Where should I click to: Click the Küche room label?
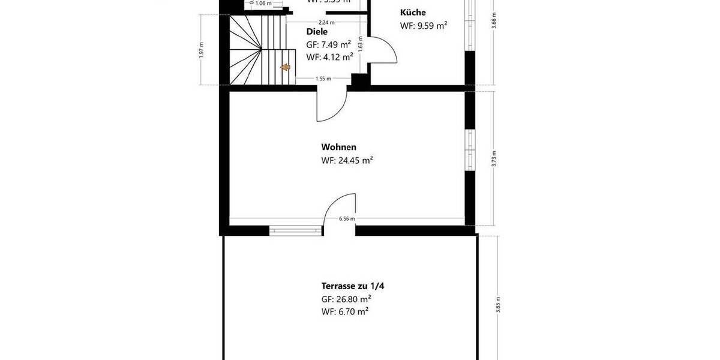tap(413, 13)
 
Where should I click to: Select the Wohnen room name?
tap(339, 147)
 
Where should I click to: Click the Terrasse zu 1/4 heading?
tap(353, 286)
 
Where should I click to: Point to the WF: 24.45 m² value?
tap(347, 160)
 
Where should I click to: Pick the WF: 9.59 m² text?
tap(424, 26)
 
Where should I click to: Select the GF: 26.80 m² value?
tap(346, 299)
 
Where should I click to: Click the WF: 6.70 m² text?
tap(345, 311)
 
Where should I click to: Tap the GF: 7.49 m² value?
tap(329, 45)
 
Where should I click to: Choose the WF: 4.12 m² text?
tap(329, 58)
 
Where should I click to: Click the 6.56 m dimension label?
tap(347, 219)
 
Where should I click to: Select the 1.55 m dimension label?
tap(323, 79)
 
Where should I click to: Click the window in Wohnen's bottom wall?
tap(295, 229)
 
